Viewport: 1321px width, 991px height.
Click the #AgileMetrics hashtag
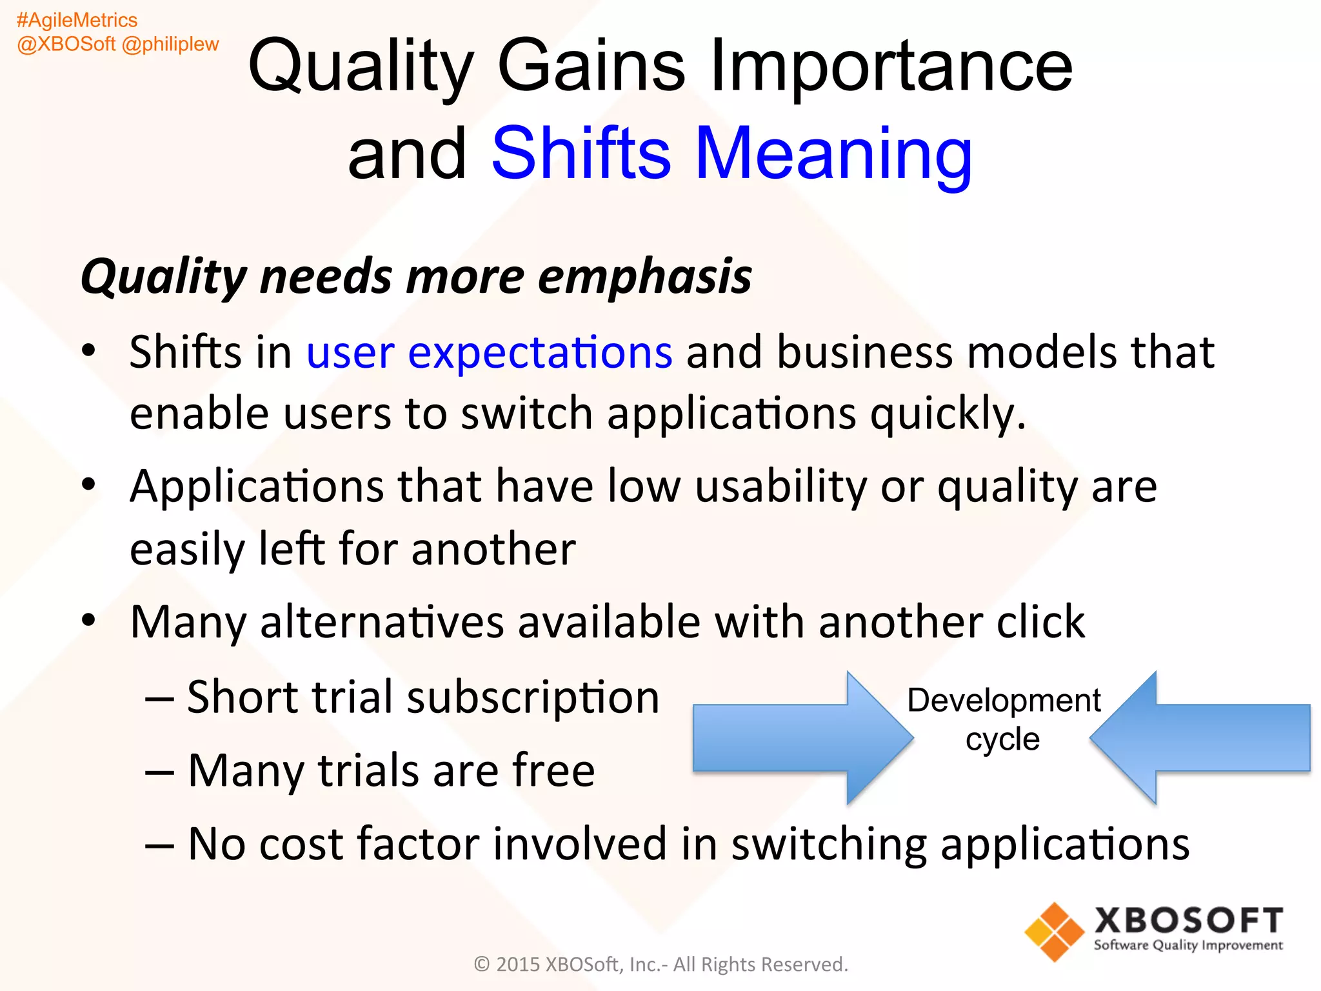77,21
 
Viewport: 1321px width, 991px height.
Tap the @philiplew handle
170,45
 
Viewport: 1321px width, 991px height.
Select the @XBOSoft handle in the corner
66,45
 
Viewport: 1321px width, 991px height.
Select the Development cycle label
1003,719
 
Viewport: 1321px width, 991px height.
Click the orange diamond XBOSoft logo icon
1054,932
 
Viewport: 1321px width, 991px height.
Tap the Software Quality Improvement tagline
1187,946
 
